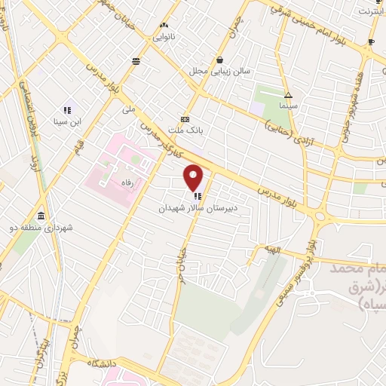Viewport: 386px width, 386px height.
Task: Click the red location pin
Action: coord(195,177)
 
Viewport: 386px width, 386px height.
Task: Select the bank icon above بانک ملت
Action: coord(185,119)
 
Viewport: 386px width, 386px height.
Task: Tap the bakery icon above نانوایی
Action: coord(164,25)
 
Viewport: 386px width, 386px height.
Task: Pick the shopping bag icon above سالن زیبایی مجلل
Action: coord(219,60)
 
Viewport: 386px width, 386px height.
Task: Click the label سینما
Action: coord(289,106)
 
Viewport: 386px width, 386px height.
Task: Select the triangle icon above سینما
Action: coord(289,95)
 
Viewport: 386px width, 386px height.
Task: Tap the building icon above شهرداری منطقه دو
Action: coord(40,216)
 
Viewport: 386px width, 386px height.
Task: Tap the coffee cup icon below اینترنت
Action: coord(371,41)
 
